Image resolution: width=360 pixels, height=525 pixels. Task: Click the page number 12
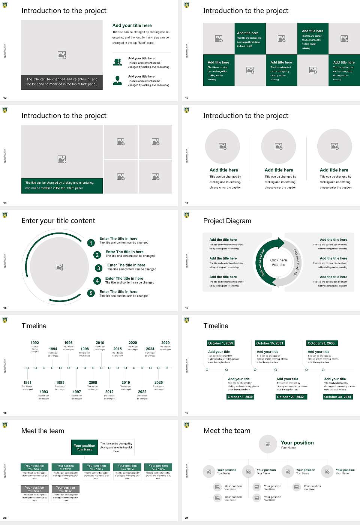5,98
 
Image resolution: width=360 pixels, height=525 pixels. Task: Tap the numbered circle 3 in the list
99,268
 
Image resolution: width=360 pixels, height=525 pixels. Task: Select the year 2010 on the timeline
100,343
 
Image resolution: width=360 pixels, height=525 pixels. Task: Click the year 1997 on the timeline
77,391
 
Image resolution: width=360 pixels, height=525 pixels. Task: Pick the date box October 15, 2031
270,343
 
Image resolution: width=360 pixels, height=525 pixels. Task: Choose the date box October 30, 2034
337,397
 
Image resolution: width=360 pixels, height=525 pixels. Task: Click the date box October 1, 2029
220,343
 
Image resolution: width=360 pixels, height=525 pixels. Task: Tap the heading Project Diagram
227,221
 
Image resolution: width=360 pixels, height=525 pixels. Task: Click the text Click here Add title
278,262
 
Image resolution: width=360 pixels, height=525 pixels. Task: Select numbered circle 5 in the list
91,293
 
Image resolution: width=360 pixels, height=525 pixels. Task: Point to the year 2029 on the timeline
165,343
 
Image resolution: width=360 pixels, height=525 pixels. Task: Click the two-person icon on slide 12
117,62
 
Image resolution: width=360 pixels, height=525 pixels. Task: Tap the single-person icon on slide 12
117,80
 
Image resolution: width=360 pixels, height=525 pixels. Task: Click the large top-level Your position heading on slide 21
297,443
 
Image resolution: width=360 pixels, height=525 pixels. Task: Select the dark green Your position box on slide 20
84,447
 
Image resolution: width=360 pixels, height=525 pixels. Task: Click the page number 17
187,308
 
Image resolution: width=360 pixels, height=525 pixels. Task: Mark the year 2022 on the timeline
142,391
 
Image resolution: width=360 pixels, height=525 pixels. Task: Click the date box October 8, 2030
240,397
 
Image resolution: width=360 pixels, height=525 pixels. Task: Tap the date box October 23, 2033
321,343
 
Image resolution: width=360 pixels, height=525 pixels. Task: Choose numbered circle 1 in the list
91,243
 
